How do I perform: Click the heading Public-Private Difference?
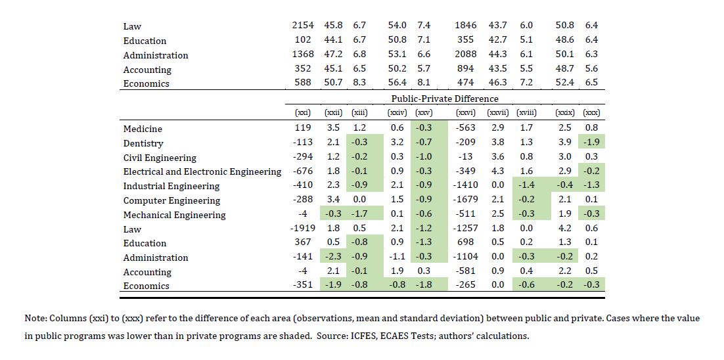pos(445,99)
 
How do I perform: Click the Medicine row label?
pos(143,129)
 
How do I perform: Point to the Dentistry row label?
pos(143,143)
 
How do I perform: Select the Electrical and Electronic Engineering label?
pos(202,172)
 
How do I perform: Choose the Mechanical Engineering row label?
pos(174,215)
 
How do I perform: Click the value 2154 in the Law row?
pos(303,25)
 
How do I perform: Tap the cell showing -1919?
pos(303,229)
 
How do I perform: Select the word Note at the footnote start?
pos(35,318)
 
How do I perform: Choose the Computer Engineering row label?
pos(171,200)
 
